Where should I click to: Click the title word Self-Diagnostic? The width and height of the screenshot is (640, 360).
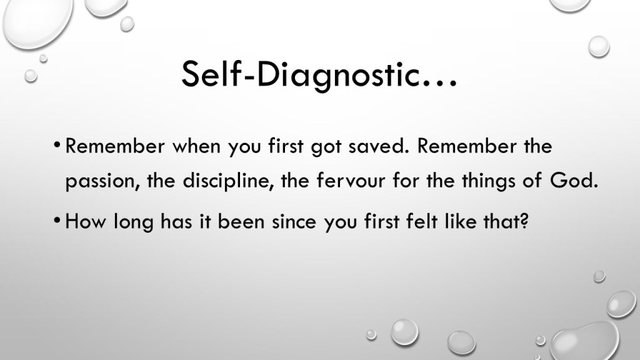pos(301,76)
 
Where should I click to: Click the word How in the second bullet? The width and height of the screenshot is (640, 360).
pos(85,222)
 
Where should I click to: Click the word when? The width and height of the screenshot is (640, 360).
pos(196,146)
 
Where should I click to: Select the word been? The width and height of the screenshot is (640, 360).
pos(241,221)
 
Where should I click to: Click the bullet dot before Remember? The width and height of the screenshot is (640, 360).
pos(57,144)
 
